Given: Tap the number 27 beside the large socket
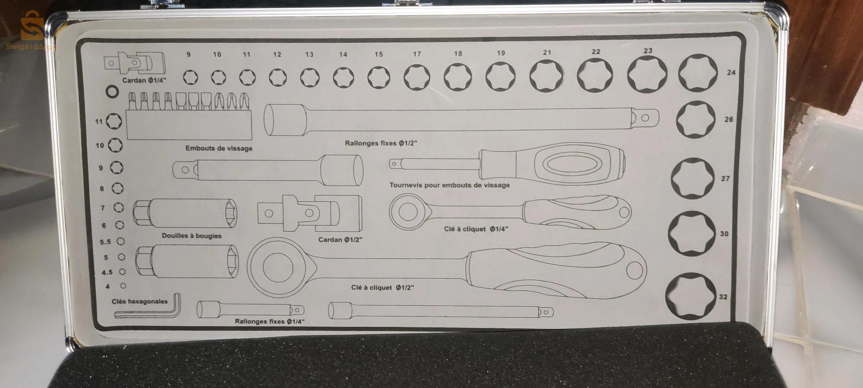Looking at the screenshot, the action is pyautogui.click(x=725, y=178).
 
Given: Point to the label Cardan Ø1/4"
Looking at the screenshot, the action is pyautogui.click(x=144, y=80).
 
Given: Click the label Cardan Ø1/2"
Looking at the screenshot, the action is pyautogui.click(x=340, y=240).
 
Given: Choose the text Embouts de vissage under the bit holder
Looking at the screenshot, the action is pyautogui.click(x=219, y=148).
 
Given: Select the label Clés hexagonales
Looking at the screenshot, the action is pyautogui.click(x=140, y=301).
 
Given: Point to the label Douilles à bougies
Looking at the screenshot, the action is pyautogui.click(x=191, y=236).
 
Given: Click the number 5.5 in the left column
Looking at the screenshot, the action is pyautogui.click(x=105, y=242).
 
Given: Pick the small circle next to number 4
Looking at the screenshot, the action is pyautogui.click(x=123, y=286).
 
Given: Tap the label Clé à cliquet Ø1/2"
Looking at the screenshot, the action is pyautogui.click(x=382, y=287).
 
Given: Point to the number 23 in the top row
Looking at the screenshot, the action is pyautogui.click(x=648, y=51).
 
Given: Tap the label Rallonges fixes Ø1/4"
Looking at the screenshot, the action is pyautogui.click(x=269, y=321).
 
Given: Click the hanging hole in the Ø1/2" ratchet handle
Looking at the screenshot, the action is pyautogui.click(x=634, y=270).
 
